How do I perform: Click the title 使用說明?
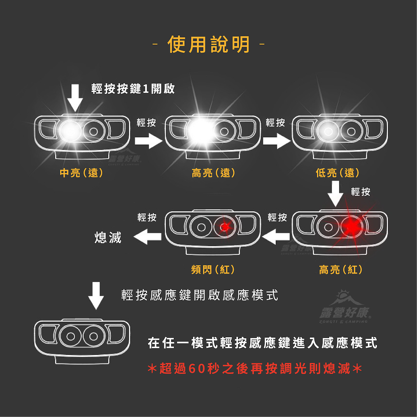tap(208, 45)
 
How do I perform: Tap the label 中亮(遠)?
tap(82, 173)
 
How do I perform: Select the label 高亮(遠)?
tap(213, 173)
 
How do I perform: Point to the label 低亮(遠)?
tap(337, 173)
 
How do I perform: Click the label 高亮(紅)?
tap(340, 270)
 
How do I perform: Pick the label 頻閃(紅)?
tap(213, 270)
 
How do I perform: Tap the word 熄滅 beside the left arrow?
tap(108, 238)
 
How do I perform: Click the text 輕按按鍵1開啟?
tap(133, 89)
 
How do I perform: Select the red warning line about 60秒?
tap(254, 368)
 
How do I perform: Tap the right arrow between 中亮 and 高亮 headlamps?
tap(148, 141)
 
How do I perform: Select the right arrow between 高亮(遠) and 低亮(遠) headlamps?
tap(276, 141)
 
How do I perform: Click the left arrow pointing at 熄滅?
tap(147, 238)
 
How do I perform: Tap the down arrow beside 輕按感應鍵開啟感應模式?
tap(96, 295)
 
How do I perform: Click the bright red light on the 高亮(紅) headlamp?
tap(351, 227)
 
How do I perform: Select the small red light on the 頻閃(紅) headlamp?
tap(225, 227)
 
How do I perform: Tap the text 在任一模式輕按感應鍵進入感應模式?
tap(263, 343)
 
